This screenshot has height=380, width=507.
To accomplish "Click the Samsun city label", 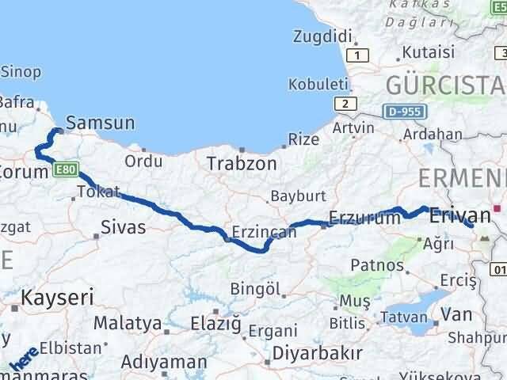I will coord(101,123).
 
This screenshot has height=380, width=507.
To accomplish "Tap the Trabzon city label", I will coord(242,164).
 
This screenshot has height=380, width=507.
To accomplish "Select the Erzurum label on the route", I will coord(364,219).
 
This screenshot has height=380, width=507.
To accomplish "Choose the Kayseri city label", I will coord(57,298).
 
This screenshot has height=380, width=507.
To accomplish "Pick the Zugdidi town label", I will coord(322,36).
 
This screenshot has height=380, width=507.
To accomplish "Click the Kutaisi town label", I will coord(428,52).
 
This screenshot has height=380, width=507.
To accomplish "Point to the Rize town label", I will coord(303,139).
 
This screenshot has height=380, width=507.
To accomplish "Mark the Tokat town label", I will coord(99,192).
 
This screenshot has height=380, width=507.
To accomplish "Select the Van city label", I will coord(456,314).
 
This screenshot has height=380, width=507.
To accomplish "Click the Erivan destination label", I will coord(459,215).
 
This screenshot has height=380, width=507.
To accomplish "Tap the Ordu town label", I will coord(143,161).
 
